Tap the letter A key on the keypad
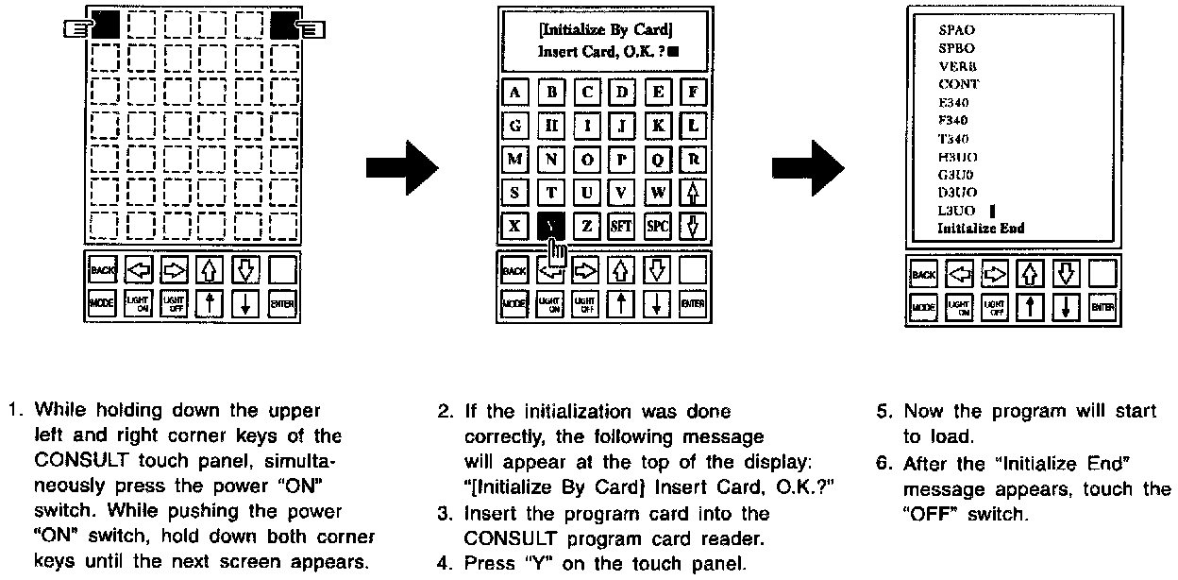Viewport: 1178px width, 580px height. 514,93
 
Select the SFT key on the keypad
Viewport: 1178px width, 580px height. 621,227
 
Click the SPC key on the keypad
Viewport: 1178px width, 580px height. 657,227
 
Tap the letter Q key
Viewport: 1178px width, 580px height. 657,160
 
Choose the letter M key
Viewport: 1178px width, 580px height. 514,160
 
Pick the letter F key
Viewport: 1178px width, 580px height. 694,93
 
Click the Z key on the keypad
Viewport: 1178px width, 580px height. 586,227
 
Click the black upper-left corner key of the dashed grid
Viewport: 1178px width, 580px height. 105,25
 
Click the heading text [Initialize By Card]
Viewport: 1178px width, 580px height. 605,29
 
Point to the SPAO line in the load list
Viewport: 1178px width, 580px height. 956,30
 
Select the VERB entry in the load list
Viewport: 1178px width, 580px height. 956,66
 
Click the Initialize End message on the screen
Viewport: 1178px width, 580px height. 980,229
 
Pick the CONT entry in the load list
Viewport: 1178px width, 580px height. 957,84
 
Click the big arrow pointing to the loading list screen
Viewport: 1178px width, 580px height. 808,168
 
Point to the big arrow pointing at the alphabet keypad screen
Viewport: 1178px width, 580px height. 401,168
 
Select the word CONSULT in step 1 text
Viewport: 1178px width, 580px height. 74,462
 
